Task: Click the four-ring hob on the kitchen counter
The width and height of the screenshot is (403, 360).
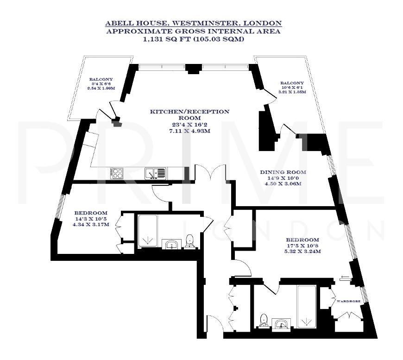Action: point(117,173)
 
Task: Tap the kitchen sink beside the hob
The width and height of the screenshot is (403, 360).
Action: point(155,173)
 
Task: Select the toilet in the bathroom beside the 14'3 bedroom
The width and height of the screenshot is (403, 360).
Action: point(189,240)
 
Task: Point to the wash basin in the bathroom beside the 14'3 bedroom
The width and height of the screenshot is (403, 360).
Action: point(172,244)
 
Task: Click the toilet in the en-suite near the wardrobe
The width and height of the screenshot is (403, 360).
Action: point(264,320)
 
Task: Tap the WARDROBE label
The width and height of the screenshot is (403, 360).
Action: point(348,301)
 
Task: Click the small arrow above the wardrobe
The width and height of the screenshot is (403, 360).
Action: point(344,278)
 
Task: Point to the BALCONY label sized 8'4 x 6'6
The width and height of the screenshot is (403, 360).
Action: point(101,79)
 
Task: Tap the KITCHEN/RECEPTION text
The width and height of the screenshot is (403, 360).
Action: point(189,111)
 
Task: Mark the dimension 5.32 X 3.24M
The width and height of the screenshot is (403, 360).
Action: point(303,252)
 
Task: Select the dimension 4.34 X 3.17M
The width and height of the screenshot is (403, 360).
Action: point(90,225)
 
